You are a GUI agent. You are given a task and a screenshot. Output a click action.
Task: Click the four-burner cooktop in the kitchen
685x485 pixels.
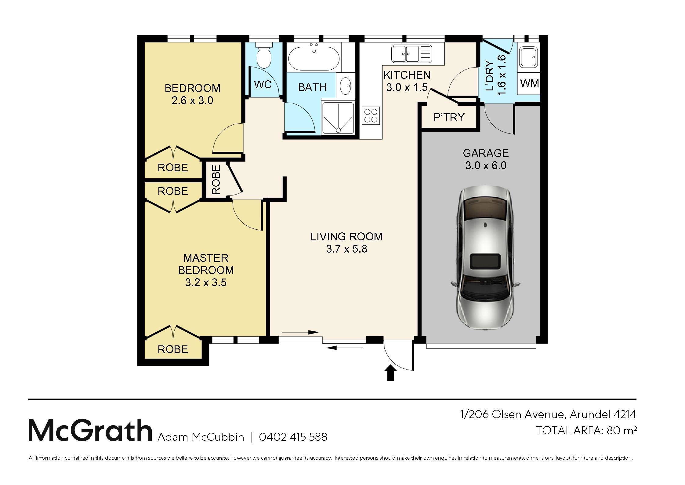(x=371, y=116)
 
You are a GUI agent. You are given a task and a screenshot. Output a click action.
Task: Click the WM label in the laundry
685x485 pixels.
(x=529, y=83)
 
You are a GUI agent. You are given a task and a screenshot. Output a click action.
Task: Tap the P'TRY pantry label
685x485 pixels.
(x=449, y=117)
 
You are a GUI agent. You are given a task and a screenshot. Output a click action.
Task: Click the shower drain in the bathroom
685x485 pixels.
(x=338, y=130)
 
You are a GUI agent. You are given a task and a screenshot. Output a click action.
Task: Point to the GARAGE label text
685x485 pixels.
(x=486, y=153)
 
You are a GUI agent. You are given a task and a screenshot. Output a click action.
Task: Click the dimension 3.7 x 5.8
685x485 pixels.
(x=347, y=249)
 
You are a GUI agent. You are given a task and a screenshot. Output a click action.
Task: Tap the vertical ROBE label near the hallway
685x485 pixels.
(x=216, y=180)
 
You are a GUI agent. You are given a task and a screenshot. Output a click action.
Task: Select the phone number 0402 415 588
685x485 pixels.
(x=293, y=437)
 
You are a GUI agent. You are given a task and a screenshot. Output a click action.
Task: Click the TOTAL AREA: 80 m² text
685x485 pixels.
(x=586, y=430)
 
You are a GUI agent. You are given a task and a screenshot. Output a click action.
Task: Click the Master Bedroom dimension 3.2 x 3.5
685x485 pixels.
(x=206, y=283)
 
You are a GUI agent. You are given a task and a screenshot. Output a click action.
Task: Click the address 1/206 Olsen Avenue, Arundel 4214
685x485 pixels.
(x=548, y=414)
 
